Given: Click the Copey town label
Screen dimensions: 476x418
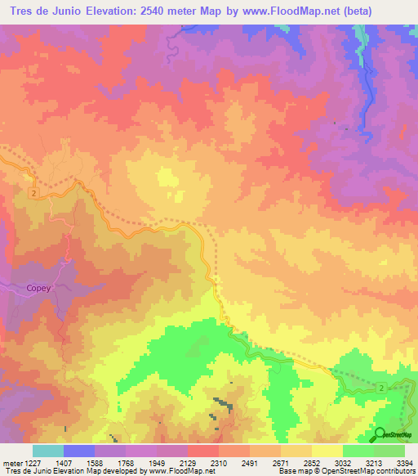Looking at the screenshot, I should tap(38, 288).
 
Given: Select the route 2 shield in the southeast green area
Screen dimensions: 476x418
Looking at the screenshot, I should tap(381, 386).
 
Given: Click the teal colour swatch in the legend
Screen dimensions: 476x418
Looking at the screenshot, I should tap(47, 451).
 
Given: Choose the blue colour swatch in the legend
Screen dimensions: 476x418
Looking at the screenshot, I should tap(78, 451).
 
